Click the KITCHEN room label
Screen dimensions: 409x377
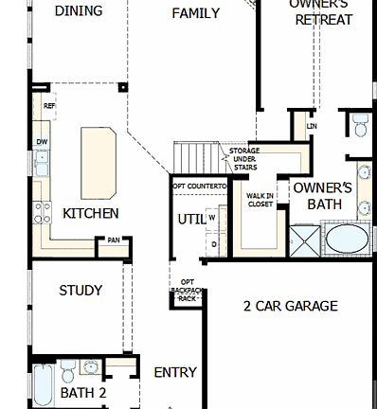coord(90,213)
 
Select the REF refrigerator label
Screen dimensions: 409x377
coord(48,106)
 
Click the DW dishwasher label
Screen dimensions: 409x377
coord(42,142)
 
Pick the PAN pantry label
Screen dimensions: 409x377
coord(114,240)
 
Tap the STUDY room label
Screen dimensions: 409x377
coord(81,291)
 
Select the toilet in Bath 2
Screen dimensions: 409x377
coord(64,368)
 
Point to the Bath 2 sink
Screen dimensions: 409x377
coord(92,367)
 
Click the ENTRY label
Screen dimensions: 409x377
coord(174,372)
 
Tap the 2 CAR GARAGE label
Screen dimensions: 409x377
coord(290,306)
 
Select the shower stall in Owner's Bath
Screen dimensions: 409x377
coord(306,240)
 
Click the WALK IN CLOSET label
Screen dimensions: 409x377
coord(260,200)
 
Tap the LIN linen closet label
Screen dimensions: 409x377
coord(312,125)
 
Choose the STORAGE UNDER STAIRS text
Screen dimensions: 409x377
coord(243,158)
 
